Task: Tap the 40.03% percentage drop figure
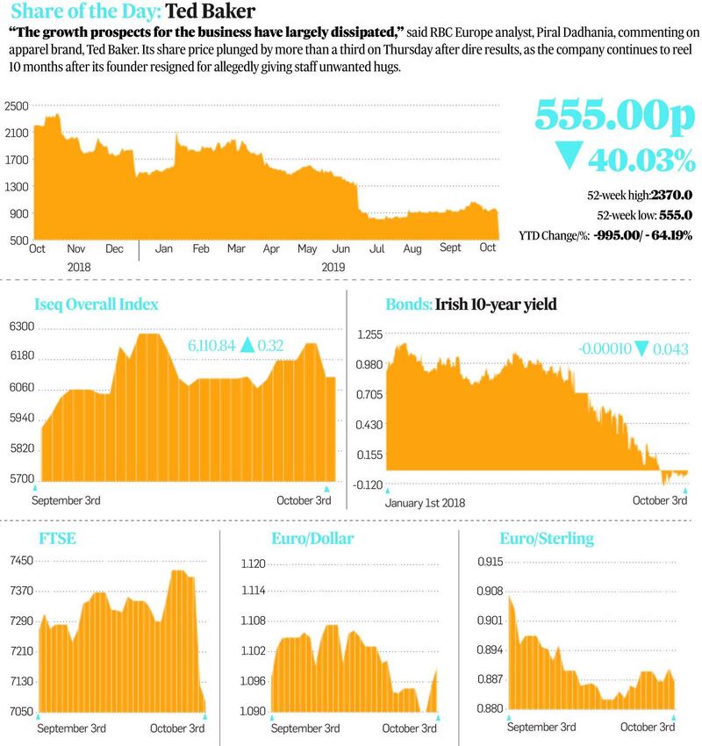click(x=641, y=160)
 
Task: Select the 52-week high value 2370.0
click(x=671, y=196)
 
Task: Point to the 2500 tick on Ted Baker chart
click(x=16, y=105)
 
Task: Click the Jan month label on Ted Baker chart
click(x=163, y=248)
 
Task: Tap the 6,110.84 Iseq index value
click(x=211, y=347)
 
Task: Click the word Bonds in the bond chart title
click(x=407, y=305)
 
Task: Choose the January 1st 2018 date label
click(x=425, y=502)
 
